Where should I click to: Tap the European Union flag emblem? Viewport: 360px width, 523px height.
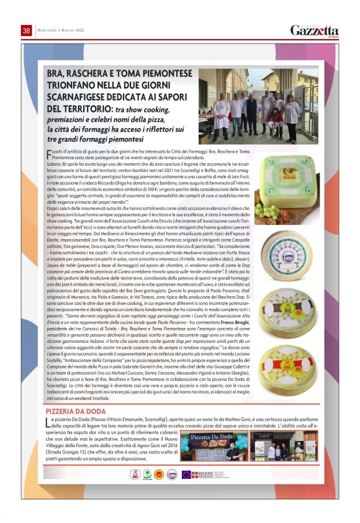point(186,475)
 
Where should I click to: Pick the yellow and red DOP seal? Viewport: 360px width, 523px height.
point(160,475)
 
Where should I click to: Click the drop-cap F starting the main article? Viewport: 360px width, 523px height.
point(49,152)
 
